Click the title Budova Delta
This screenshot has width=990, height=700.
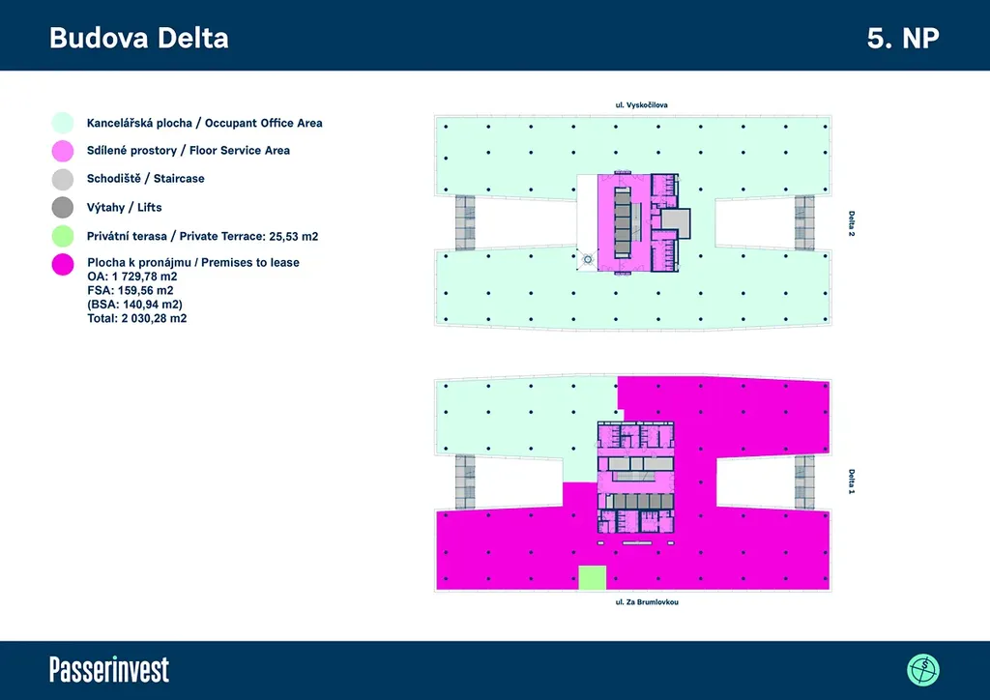click(x=138, y=38)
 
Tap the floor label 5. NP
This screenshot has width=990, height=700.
click(x=903, y=38)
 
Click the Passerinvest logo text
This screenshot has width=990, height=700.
click(x=109, y=669)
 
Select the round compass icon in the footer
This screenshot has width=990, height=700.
click(x=923, y=669)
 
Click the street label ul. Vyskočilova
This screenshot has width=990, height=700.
click(x=634, y=103)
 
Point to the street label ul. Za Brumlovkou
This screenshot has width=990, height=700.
click(x=634, y=601)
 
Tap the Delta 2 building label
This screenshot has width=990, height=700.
click(x=851, y=224)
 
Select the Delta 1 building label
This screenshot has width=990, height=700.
click(x=851, y=481)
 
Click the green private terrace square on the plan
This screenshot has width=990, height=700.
click(x=592, y=578)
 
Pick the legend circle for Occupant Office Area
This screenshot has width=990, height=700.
click(x=62, y=123)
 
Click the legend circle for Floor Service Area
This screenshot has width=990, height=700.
click(x=62, y=151)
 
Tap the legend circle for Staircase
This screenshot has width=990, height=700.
click(x=62, y=179)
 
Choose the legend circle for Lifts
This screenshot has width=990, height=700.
click(x=62, y=207)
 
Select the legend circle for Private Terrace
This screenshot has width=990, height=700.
click(x=62, y=235)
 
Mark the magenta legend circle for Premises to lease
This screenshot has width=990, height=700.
click(x=62, y=263)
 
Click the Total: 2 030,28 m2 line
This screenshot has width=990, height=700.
click(x=136, y=318)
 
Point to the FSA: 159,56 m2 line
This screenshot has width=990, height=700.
click(x=131, y=290)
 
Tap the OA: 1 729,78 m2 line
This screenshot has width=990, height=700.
click(x=132, y=277)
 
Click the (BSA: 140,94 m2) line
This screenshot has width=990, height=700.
click(x=134, y=304)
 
